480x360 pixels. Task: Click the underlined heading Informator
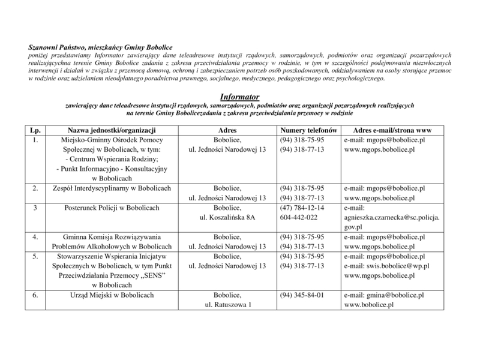click(239, 96)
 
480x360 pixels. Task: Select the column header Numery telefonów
click(308, 130)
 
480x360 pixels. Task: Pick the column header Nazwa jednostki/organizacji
click(112, 130)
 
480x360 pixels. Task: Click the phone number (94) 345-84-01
click(302, 295)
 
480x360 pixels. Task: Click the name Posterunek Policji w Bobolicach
click(112, 208)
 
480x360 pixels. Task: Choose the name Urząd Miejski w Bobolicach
click(112, 295)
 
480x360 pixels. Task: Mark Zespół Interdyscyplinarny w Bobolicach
click(112, 188)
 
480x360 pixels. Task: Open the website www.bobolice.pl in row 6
click(368, 305)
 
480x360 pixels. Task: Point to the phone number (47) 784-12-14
click(302, 208)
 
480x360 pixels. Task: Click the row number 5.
click(36, 256)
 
